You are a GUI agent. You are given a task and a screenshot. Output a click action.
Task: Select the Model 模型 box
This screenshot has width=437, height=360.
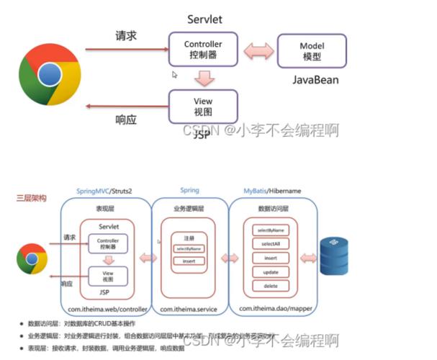312,50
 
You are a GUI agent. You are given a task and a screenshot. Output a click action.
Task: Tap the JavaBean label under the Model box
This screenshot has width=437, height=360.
315,80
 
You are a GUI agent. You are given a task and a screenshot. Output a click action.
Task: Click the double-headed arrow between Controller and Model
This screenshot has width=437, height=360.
259,51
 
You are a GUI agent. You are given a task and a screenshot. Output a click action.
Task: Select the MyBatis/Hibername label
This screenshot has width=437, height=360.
272,192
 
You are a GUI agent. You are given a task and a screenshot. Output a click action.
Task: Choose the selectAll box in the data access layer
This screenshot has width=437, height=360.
271,243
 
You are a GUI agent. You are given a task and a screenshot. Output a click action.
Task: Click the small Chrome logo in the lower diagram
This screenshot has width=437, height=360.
32,257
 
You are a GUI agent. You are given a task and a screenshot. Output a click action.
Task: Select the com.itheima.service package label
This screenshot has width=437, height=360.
189,307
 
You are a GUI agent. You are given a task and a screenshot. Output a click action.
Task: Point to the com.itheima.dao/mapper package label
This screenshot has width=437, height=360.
272,307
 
